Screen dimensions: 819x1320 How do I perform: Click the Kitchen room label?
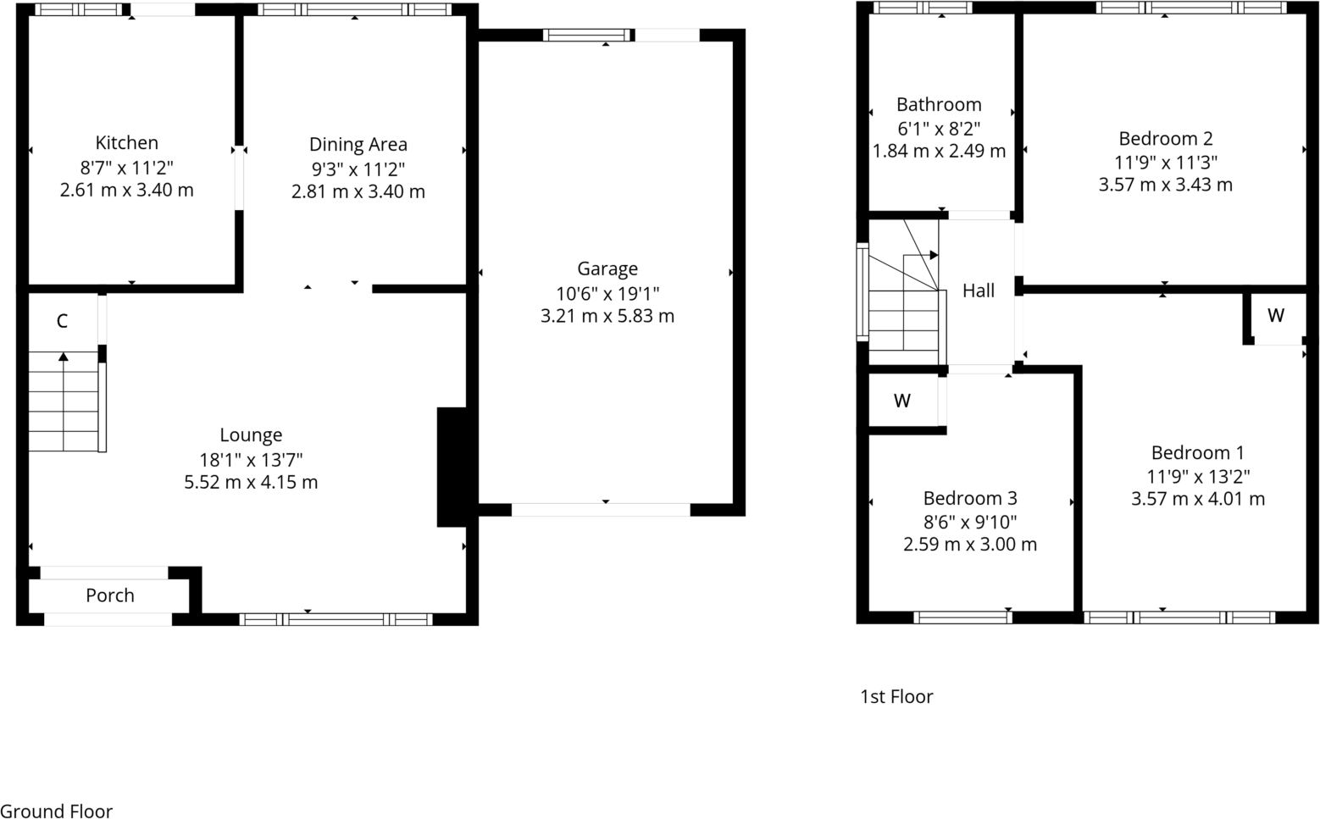pyautogui.click(x=126, y=143)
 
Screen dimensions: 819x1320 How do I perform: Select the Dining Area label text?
pyautogui.click(x=358, y=145)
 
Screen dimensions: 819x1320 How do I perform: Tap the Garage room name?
pyautogui.click(x=607, y=269)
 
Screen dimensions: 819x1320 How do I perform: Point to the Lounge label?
pyautogui.click(x=251, y=435)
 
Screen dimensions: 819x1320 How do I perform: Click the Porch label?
pyautogui.click(x=109, y=595)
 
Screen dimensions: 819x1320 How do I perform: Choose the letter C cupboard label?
pyautogui.click(x=62, y=321)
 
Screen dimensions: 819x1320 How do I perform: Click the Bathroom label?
pyautogui.click(x=939, y=105)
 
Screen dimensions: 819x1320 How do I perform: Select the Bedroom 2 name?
pyautogui.click(x=1165, y=139)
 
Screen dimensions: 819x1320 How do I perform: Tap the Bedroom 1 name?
pyautogui.click(x=1197, y=453)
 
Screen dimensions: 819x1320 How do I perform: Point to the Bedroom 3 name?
pyautogui.click(x=969, y=499)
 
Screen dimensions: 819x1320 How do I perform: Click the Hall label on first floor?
pyautogui.click(x=978, y=291)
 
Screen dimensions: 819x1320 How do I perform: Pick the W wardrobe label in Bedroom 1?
pyautogui.click(x=1275, y=316)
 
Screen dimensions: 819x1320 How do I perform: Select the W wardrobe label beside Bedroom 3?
pyautogui.click(x=902, y=401)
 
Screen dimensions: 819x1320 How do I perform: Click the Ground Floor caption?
pyautogui.click(x=56, y=811)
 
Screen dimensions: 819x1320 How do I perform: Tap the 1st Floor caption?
pyautogui.click(x=896, y=697)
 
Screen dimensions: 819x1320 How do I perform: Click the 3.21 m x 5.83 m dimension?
pyautogui.click(x=607, y=317)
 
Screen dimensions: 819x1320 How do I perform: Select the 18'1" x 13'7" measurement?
pyautogui.click(x=251, y=459)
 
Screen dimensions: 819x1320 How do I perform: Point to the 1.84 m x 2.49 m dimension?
pyautogui.click(x=939, y=152)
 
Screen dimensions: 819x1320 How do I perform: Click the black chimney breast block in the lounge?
pyautogui.click(x=452, y=467)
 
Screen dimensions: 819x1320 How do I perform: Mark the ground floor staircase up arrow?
pyautogui.click(x=64, y=357)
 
